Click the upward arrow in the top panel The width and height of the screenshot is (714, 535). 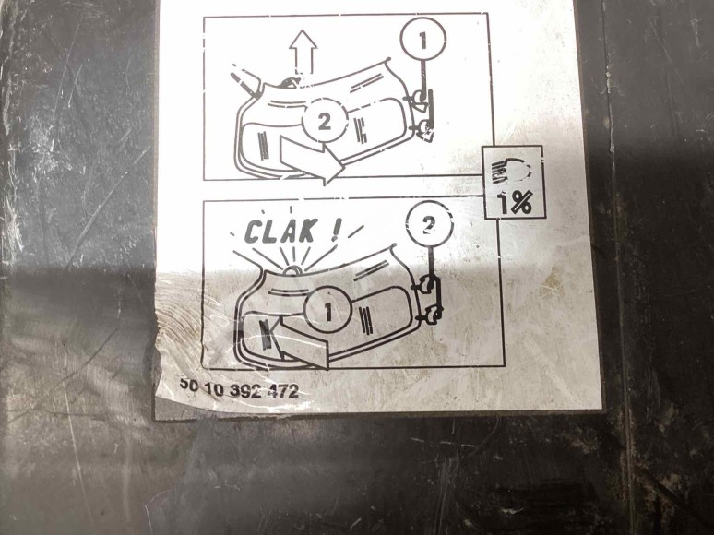click(x=303, y=51)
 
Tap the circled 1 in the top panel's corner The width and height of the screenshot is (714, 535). click(x=423, y=40)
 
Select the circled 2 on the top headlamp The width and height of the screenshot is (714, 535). click(x=324, y=120)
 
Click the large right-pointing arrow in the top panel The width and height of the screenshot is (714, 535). click(x=311, y=160)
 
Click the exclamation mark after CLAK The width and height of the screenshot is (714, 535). click(x=336, y=230)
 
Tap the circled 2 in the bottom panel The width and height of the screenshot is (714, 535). click(x=428, y=225)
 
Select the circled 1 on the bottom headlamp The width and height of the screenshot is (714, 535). click(x=327, y=311)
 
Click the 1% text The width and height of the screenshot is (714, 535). click(x=516, y=203)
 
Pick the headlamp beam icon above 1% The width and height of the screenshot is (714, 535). click(x=510, y=171)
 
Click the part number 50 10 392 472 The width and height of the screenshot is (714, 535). click(x=239, y=389)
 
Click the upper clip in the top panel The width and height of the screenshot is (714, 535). click(x=420, y=99)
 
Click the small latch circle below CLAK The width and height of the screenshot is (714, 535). click(x=292, y=270)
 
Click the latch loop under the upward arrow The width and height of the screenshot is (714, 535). click(x=290, y=82)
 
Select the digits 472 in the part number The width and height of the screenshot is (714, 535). click(x=283, y=391)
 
